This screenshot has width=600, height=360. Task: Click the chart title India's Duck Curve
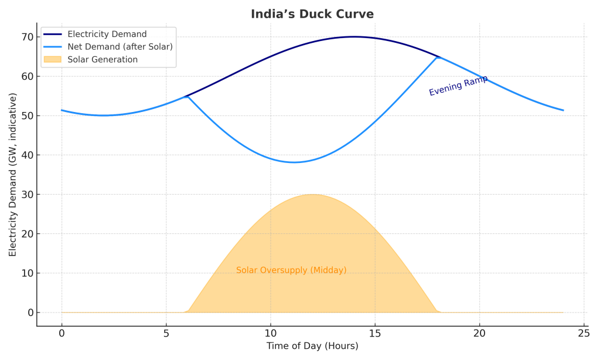pos(312,14)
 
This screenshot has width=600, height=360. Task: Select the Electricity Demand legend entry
pos(107,34)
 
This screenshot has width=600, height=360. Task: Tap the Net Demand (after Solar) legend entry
pos(120,47)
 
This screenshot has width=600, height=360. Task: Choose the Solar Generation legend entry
pos(103,59)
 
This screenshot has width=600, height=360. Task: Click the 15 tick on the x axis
pos(375,332)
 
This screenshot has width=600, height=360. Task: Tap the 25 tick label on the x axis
pos(584,332)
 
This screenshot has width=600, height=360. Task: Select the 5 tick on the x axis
pos(166,332)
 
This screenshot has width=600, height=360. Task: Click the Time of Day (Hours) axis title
pos(312,346)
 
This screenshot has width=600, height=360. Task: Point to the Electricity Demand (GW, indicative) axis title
pos(13,174)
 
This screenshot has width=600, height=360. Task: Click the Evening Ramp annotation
pos(458,86)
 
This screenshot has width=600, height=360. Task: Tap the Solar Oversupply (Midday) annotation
pos(291,270)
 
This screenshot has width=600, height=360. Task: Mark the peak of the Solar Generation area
pos(312,195)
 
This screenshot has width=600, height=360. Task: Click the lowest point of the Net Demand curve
pos(294,162)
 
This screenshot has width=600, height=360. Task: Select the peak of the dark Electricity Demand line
pos(354,36)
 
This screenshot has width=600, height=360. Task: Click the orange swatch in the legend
pos(52,59)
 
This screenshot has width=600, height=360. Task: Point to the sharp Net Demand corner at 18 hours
pos(438,57)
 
